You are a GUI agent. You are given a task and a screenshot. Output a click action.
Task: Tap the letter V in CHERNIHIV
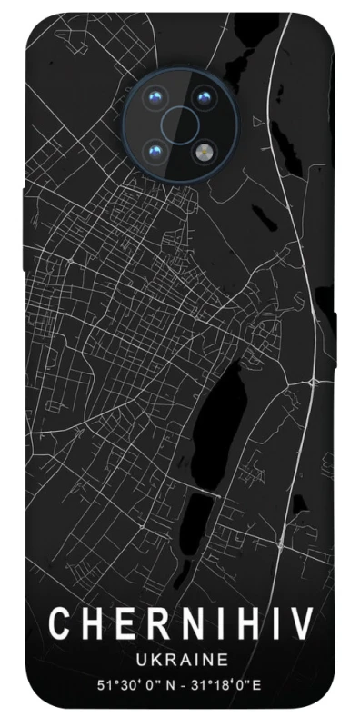pyautogui.click(x=303, y=624)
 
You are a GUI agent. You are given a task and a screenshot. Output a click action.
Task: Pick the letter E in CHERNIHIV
pyautogui.click(x=119, y=624)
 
